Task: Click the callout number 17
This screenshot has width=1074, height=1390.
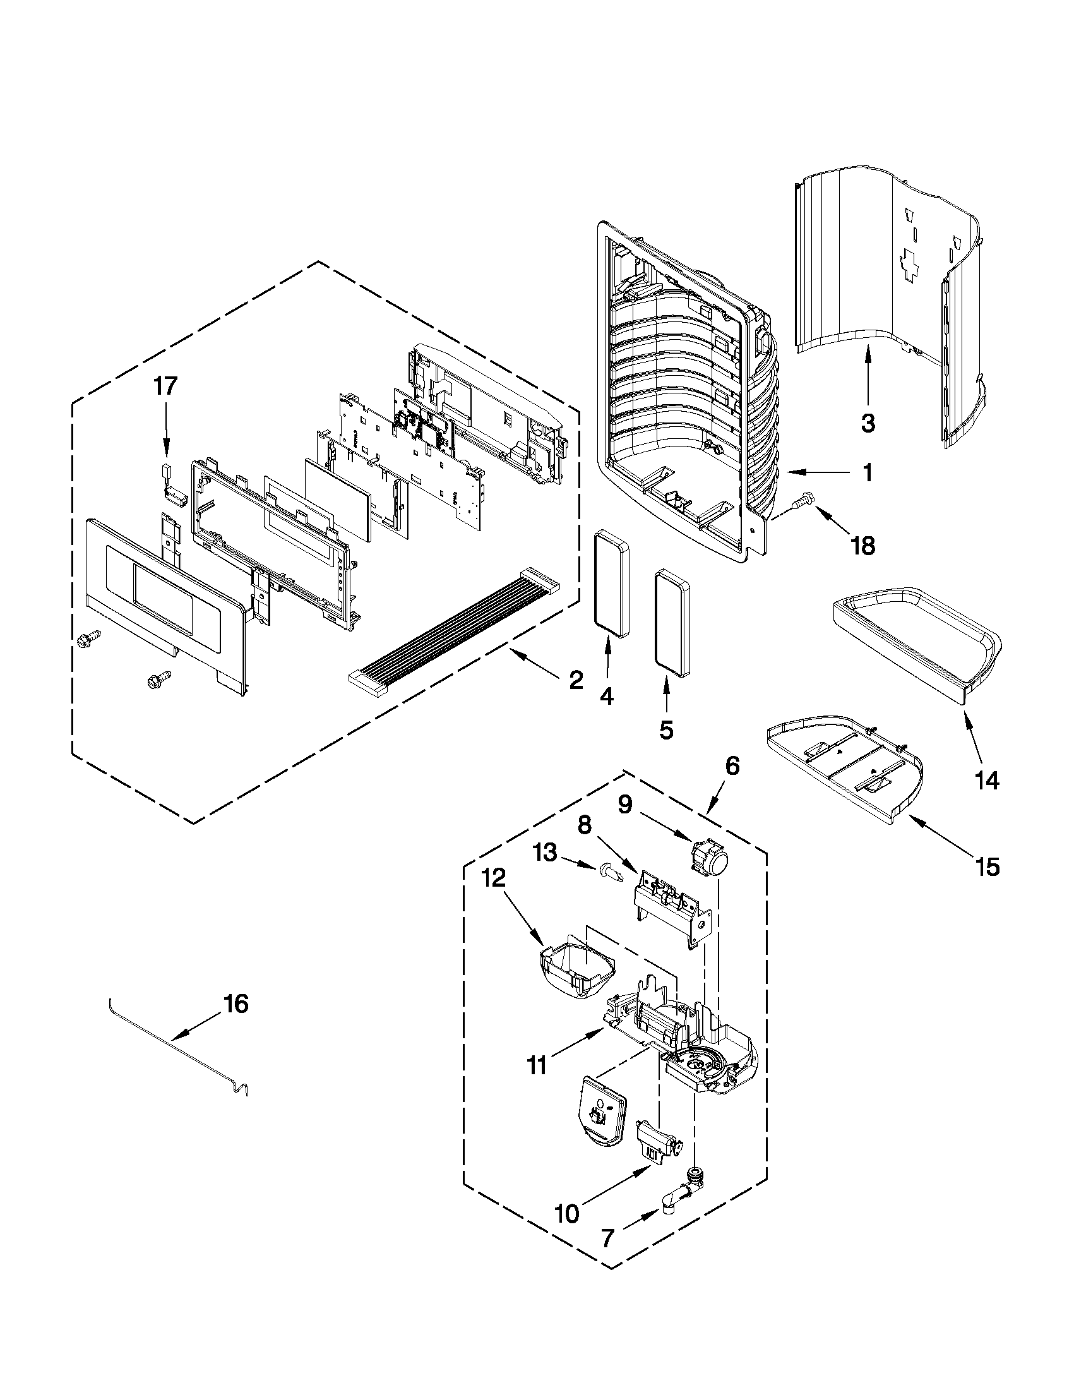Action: (x=165, y=386)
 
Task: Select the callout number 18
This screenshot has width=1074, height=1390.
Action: (x=862, y=545)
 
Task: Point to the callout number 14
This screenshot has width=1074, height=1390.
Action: (x=986, y=781)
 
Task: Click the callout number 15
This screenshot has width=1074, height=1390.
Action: (x=987, y=866)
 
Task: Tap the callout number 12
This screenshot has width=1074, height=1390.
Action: (x=494, y=878)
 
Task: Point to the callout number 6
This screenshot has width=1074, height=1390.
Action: (x=732, y=766)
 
